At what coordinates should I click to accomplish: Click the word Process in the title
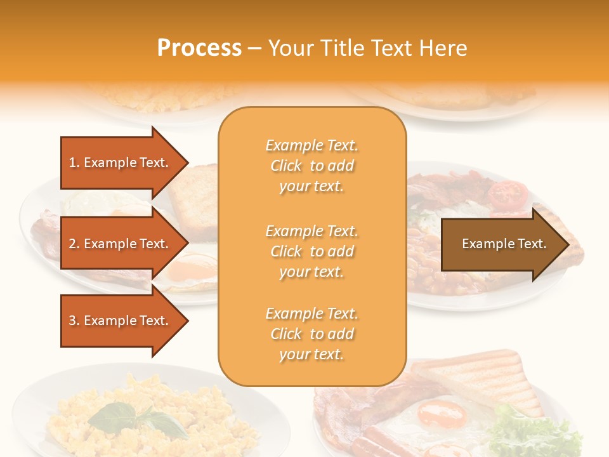coord(199,48)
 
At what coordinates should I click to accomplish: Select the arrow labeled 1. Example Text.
coord(121,162)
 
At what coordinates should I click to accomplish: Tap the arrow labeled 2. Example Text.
coord(121,244)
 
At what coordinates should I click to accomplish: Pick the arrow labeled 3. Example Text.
coord(121,321)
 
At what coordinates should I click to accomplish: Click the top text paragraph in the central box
coord(311,166)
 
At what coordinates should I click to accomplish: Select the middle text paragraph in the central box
coord(311,251)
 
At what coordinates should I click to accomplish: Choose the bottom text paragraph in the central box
coord(311,334)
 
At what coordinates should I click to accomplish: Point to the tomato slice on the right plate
coord(509,193)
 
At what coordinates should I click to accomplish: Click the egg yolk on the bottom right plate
coord(442,416)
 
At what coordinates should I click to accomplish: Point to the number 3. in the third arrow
coord(74,321)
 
